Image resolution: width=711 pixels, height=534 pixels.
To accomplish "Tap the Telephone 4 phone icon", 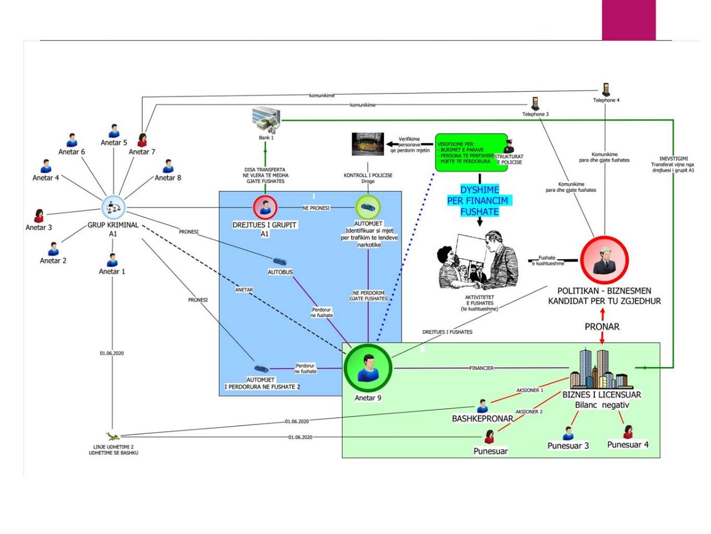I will pyautogui.click(x=606, y=90).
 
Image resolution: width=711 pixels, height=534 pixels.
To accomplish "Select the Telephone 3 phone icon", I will pyautogui.click(x=535, y=104).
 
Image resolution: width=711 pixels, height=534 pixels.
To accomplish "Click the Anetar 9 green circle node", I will pyautogui.click(x=367, y=368).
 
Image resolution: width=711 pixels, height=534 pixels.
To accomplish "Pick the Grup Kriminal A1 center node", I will pyautogui.click(x=114, y=208).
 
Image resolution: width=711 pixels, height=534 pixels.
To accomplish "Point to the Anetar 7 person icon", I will pyautogui.click(x=142, y=140).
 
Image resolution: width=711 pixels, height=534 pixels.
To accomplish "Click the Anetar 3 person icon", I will pyautogui.click(x=39, y=216).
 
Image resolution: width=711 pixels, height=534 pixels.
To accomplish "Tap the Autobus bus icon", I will pyautogui.click(x=280, y=261).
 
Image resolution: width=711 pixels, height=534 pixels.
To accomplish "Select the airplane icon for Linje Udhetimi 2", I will pyautogui.click(x=113, y=437).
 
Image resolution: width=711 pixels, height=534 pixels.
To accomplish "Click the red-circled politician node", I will pyautogui.click(x=604, y=260).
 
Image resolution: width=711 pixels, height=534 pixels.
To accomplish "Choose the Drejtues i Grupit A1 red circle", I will pyautogui.click(x=265, y=207).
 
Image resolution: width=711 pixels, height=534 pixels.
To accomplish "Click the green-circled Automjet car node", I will pyautogui.click(x=368, y=207).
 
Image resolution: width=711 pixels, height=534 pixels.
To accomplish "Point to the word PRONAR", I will pyautogui.click(x=602, y=327).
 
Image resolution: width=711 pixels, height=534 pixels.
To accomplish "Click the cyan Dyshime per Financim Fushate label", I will pyautogui.click(x=479, y=200).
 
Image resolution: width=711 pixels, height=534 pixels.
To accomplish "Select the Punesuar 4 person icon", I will pyautogui.click(x=628, y=432).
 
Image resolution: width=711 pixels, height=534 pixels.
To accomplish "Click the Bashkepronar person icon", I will pyautogui.click(x=482, y=406).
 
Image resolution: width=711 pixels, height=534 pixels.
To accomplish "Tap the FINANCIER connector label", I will pyautogui.click(x=481, y=368).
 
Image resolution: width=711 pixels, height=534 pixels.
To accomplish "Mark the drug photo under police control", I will pyautogui.click(x=368, y=144).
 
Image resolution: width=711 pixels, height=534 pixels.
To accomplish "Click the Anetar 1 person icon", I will pyautogui.click(x=112, y=260).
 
